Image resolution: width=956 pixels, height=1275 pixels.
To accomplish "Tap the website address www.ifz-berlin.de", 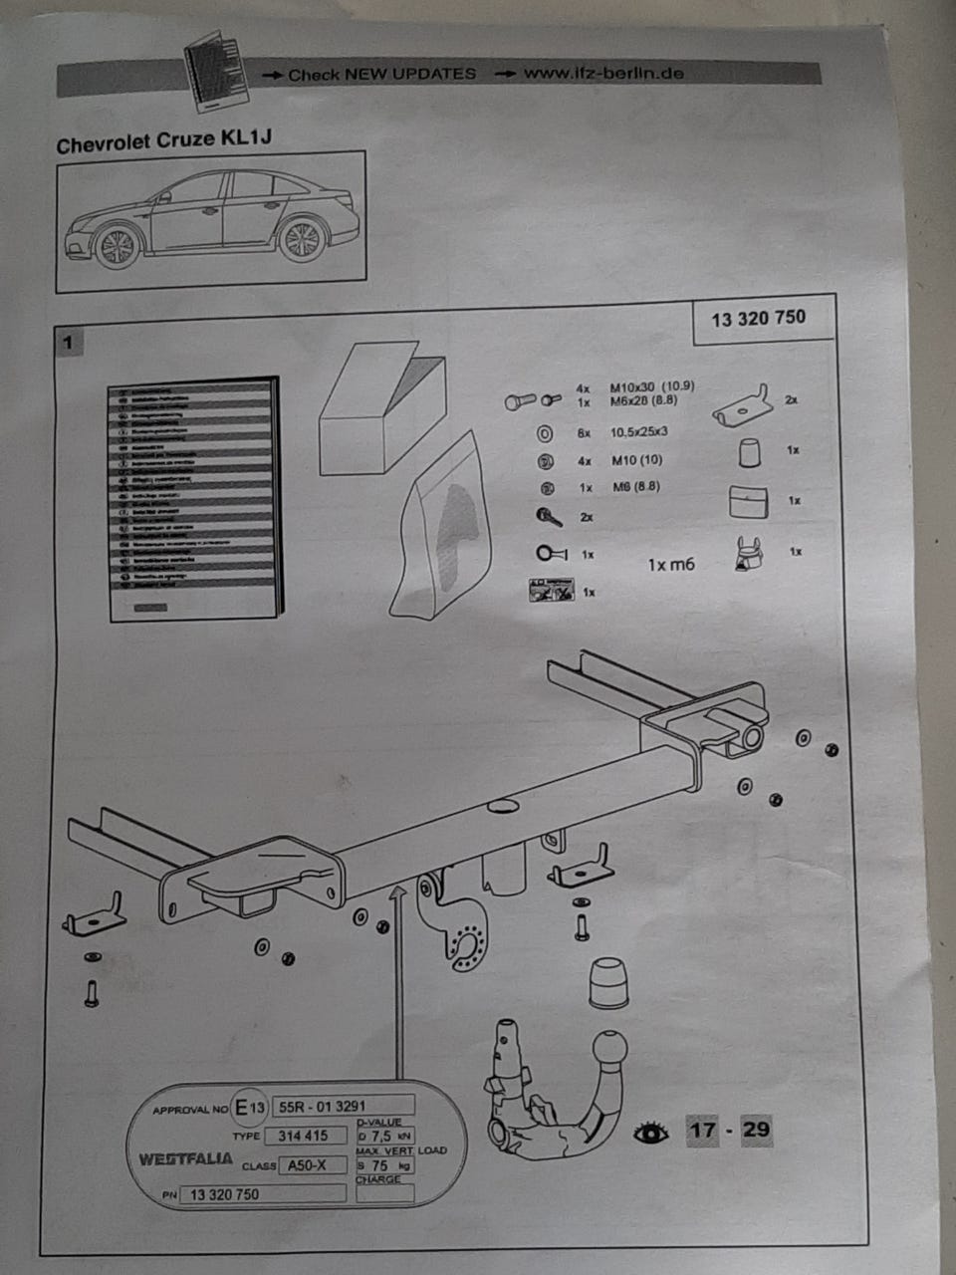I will tap(603, 73).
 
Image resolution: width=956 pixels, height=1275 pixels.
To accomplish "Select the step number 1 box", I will tap(68, 343).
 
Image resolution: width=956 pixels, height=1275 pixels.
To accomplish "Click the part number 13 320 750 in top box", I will tap(759, 319).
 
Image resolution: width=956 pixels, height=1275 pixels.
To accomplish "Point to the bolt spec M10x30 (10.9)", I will tap(652, 386).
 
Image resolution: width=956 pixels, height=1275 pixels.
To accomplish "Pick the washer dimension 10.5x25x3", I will tap(639, 432).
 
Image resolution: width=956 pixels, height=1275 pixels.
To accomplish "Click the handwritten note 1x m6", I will tap(671, 565).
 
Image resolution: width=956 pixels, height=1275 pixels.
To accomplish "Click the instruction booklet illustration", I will tap(193, 498).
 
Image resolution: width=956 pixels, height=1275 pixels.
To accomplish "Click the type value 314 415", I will tap(303, 1136).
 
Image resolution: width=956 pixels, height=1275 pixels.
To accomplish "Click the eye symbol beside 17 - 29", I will tap(650, 1132).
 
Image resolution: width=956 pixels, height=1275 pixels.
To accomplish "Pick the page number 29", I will tap(756, 1130).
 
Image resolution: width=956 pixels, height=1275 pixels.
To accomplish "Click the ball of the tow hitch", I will tap(609, 1052).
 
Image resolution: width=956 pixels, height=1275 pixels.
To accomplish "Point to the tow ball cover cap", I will tap(608, 984).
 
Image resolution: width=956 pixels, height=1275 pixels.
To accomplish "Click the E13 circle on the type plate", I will tap(250, 1107).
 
